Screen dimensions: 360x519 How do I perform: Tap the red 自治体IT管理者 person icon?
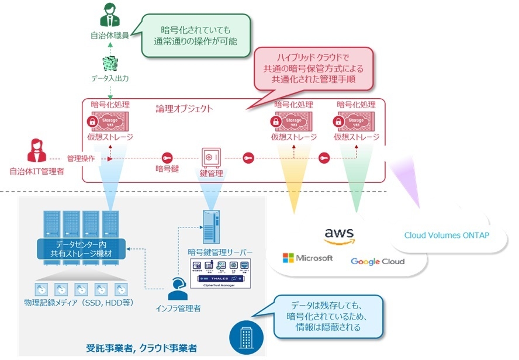point(36,151)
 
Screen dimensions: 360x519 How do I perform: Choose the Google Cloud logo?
point(377,261)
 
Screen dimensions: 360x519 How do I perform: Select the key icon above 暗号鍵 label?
point(167,158)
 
